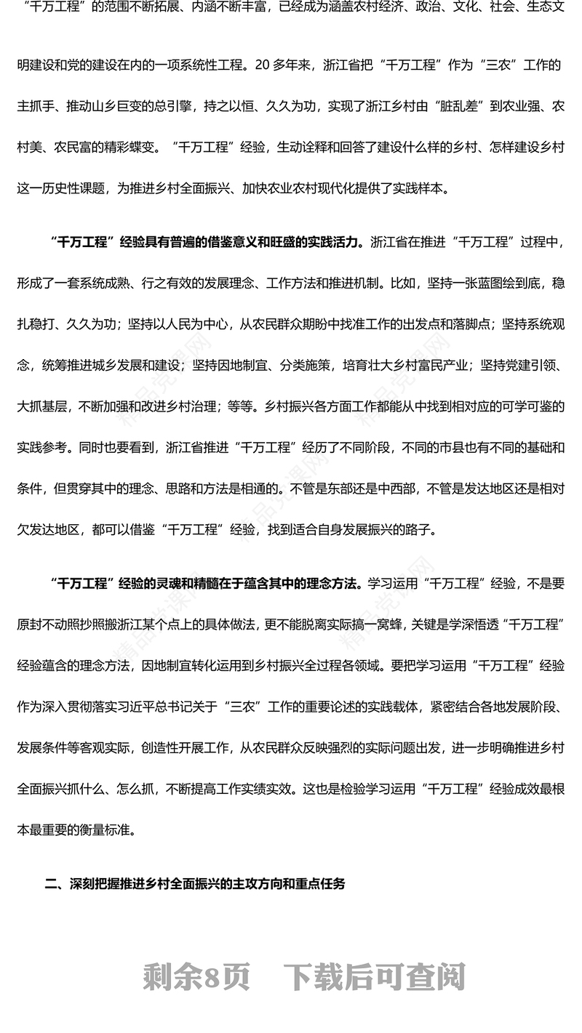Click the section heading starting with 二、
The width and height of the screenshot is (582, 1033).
pos(195,883)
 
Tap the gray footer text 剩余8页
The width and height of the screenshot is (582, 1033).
pos(196,977)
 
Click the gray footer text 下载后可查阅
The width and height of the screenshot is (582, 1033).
pos(374,977)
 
